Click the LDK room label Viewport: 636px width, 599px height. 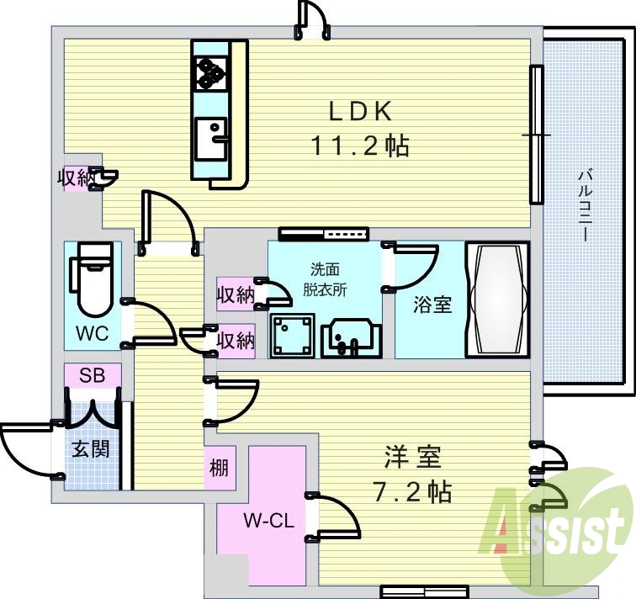[360, 112]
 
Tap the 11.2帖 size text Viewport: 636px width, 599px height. [360, 146]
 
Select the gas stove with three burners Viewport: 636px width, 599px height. [211, 73]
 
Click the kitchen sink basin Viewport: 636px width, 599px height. [211, 138]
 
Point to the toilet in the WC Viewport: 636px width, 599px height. [92, 279]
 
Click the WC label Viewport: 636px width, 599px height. [92, 334]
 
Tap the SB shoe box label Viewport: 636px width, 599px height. [92, 375]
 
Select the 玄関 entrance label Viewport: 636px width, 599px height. [91, 449]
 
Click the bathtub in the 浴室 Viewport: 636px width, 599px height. [497, 299]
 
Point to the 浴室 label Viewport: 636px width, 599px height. [432, 305]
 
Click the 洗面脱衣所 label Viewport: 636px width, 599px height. [325, 279]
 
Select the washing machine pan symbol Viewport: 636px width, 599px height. [292, 336]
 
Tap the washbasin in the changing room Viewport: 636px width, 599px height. [352, 338]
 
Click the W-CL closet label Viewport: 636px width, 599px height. [268, 521]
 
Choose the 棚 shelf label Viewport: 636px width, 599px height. [219, 468]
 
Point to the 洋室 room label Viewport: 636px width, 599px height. [413, 457]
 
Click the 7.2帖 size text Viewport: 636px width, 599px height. [412, 492]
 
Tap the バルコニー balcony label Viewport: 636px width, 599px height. [585, 206]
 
